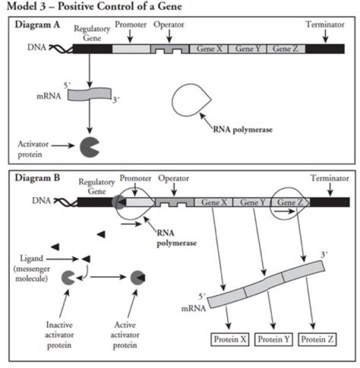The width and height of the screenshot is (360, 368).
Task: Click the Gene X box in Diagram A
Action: (x=209, y=49)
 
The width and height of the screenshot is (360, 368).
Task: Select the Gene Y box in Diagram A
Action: (x=247, y=49)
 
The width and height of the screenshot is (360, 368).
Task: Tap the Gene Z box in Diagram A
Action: (x=285, y=49)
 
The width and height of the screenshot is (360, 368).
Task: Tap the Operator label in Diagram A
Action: (x=168, y=24)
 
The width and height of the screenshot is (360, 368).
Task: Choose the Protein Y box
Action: (x=273, y=340)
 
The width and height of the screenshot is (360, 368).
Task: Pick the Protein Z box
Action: (x=317, y=340)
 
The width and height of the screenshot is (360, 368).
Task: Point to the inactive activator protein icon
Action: (x=68, y=278)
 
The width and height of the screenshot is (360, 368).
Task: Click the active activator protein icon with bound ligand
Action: (x=137, y=278)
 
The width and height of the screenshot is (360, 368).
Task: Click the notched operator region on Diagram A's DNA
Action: (x=171, y=49)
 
